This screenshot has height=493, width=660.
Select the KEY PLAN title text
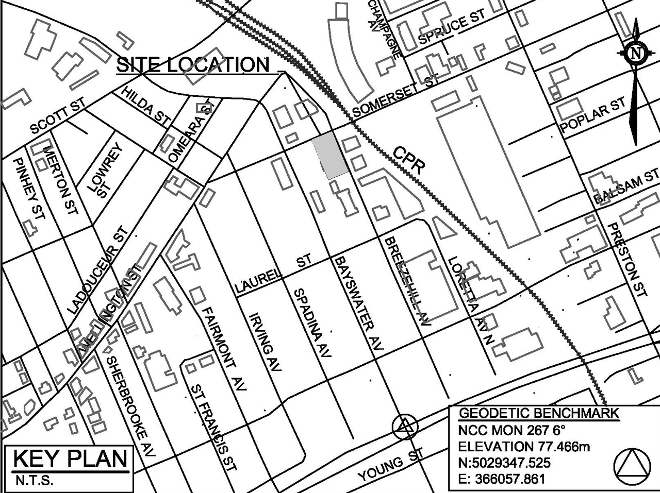(x=70, y=458)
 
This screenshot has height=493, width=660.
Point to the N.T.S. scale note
(x=32, y=482)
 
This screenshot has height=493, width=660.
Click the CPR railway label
(x=409, y=160)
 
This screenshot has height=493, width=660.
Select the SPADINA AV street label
(x=312, y=323)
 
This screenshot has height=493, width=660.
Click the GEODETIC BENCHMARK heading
(x=538, y=413)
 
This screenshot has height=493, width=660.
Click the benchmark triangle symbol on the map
(x=404, y=427)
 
